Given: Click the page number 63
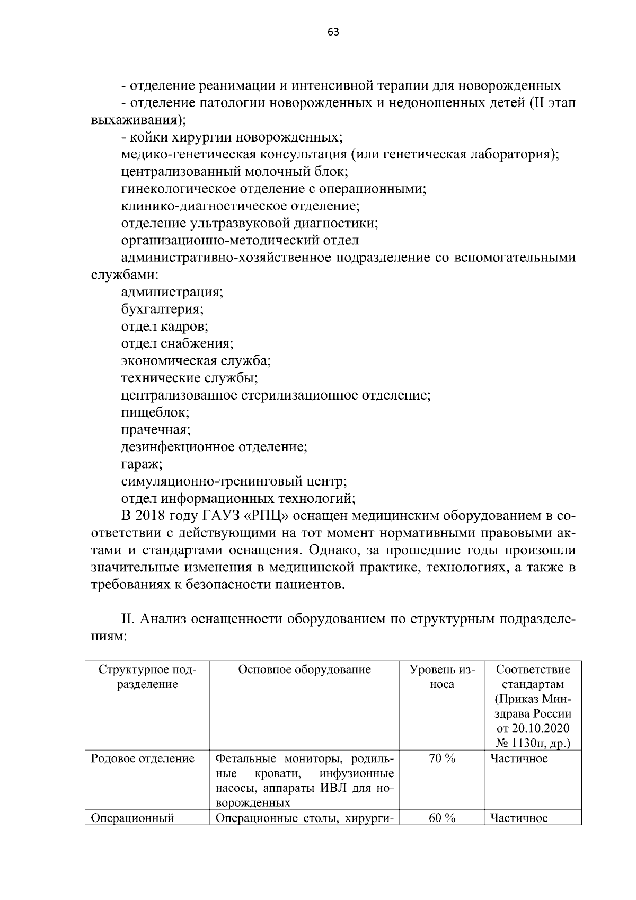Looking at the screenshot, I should coord(333,32).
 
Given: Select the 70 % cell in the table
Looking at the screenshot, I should coord(442,758).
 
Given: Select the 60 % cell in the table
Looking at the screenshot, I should coord(442,818).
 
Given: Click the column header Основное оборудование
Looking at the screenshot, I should coord(304,669).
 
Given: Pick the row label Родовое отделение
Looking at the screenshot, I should coord(143,758).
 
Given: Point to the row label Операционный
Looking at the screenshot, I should coord(132,818).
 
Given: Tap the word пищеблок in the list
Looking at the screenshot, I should coord(155,412).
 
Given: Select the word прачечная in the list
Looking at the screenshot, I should coord(155,429).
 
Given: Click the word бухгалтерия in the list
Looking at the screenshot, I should coord(162,309).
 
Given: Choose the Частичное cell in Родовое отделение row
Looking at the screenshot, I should coord(519,758).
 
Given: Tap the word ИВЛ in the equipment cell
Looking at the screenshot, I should coord(338,788).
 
